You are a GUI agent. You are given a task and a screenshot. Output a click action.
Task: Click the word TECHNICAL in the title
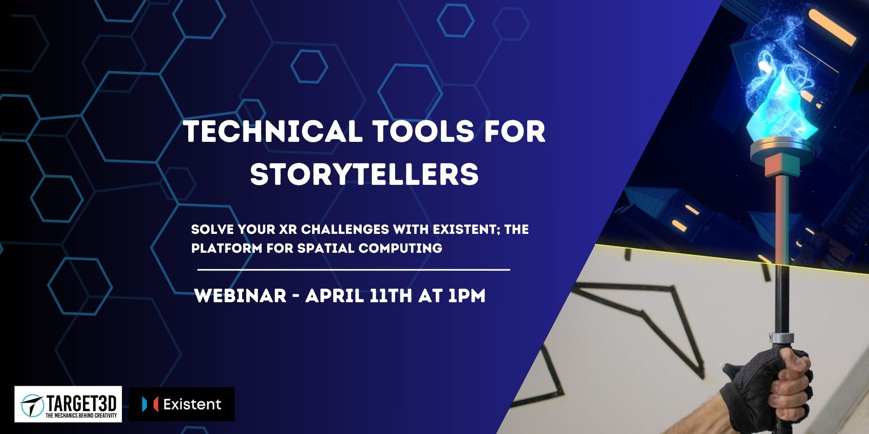tap(273, 131)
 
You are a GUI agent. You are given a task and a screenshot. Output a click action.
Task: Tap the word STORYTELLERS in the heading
tap(364, 174)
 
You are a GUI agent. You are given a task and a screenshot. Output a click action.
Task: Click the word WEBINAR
tap(240, 296)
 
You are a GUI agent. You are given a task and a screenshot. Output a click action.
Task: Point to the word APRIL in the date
tap(334, 296)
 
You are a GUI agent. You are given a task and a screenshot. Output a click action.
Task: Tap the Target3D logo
tap(68, 404)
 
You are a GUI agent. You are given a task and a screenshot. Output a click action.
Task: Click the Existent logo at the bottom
tap(181, 404)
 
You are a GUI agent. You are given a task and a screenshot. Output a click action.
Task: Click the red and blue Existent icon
tap(150, 404)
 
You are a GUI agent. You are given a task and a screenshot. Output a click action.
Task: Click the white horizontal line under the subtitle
tap(354, 270)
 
